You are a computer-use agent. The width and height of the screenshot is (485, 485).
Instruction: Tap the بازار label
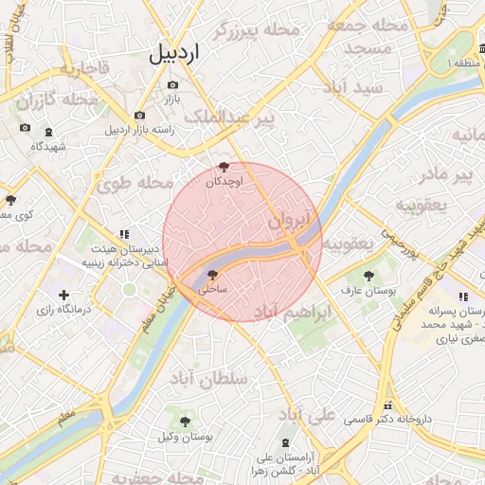(x=173, y=98)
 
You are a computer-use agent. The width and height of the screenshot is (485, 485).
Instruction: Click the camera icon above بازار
(x=173, y=84)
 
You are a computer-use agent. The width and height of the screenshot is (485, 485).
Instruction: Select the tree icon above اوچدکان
(x=224, y=167)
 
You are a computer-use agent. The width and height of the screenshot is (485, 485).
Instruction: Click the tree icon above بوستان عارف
(x=368, y=276)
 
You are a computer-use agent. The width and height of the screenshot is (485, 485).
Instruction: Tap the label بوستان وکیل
(x=185, y=436)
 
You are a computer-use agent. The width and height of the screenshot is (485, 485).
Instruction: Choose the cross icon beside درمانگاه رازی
(x=63, y=296)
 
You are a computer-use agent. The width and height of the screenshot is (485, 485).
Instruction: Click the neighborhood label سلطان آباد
(x=207, y=377)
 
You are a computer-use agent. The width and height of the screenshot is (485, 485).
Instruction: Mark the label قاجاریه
(x=85, y=68)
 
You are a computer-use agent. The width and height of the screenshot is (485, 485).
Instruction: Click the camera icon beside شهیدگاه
(x=25, y=128)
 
